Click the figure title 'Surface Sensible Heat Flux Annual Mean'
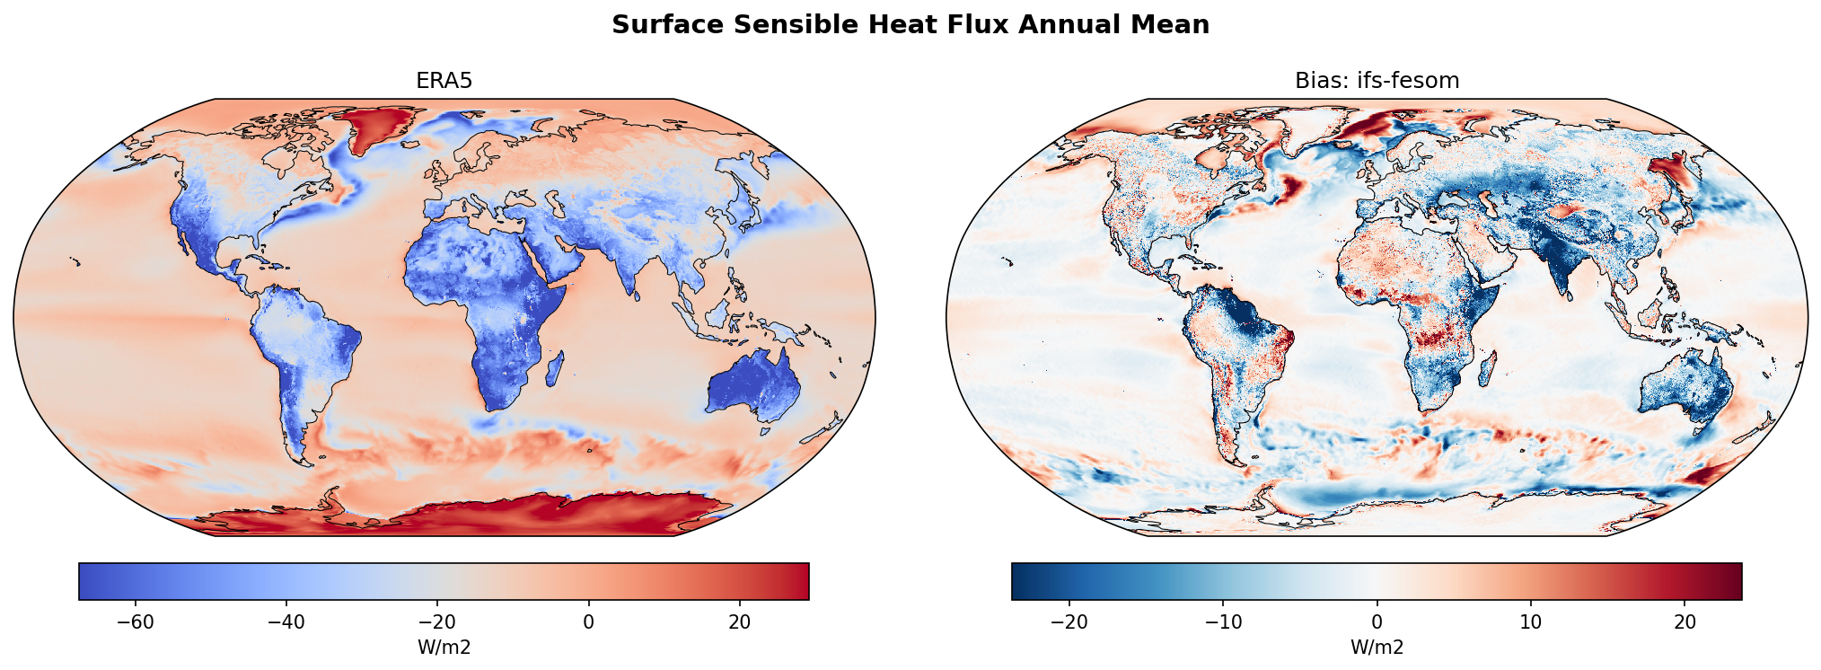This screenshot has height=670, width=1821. [x=910, y=25]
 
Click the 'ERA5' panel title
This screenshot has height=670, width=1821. [x=444, y=81]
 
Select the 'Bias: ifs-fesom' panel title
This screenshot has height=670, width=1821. [x=1377, y=81]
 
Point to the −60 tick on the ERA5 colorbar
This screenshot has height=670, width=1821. [x=136, y=622]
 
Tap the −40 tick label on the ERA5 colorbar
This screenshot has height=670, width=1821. [x=286, y=622]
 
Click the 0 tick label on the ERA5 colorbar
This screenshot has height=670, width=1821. [x=588, y=622]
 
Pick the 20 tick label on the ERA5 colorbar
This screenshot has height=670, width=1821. [x=739, y=622]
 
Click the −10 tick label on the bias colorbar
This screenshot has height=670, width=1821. [x=1222, y=622]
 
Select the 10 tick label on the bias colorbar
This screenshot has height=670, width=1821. [x=1531, y=622]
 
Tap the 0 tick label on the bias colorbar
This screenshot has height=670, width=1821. [x=1377, y=622]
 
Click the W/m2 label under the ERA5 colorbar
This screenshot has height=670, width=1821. [x=444, y=648]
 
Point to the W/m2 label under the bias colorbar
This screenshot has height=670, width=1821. [x=1377, y=648]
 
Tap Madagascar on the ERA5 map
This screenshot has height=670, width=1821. [x=555, y=368]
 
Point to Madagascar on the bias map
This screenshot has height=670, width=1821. [x=1488, y=368]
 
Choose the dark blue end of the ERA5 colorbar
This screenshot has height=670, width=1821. [x=86, y=581]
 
